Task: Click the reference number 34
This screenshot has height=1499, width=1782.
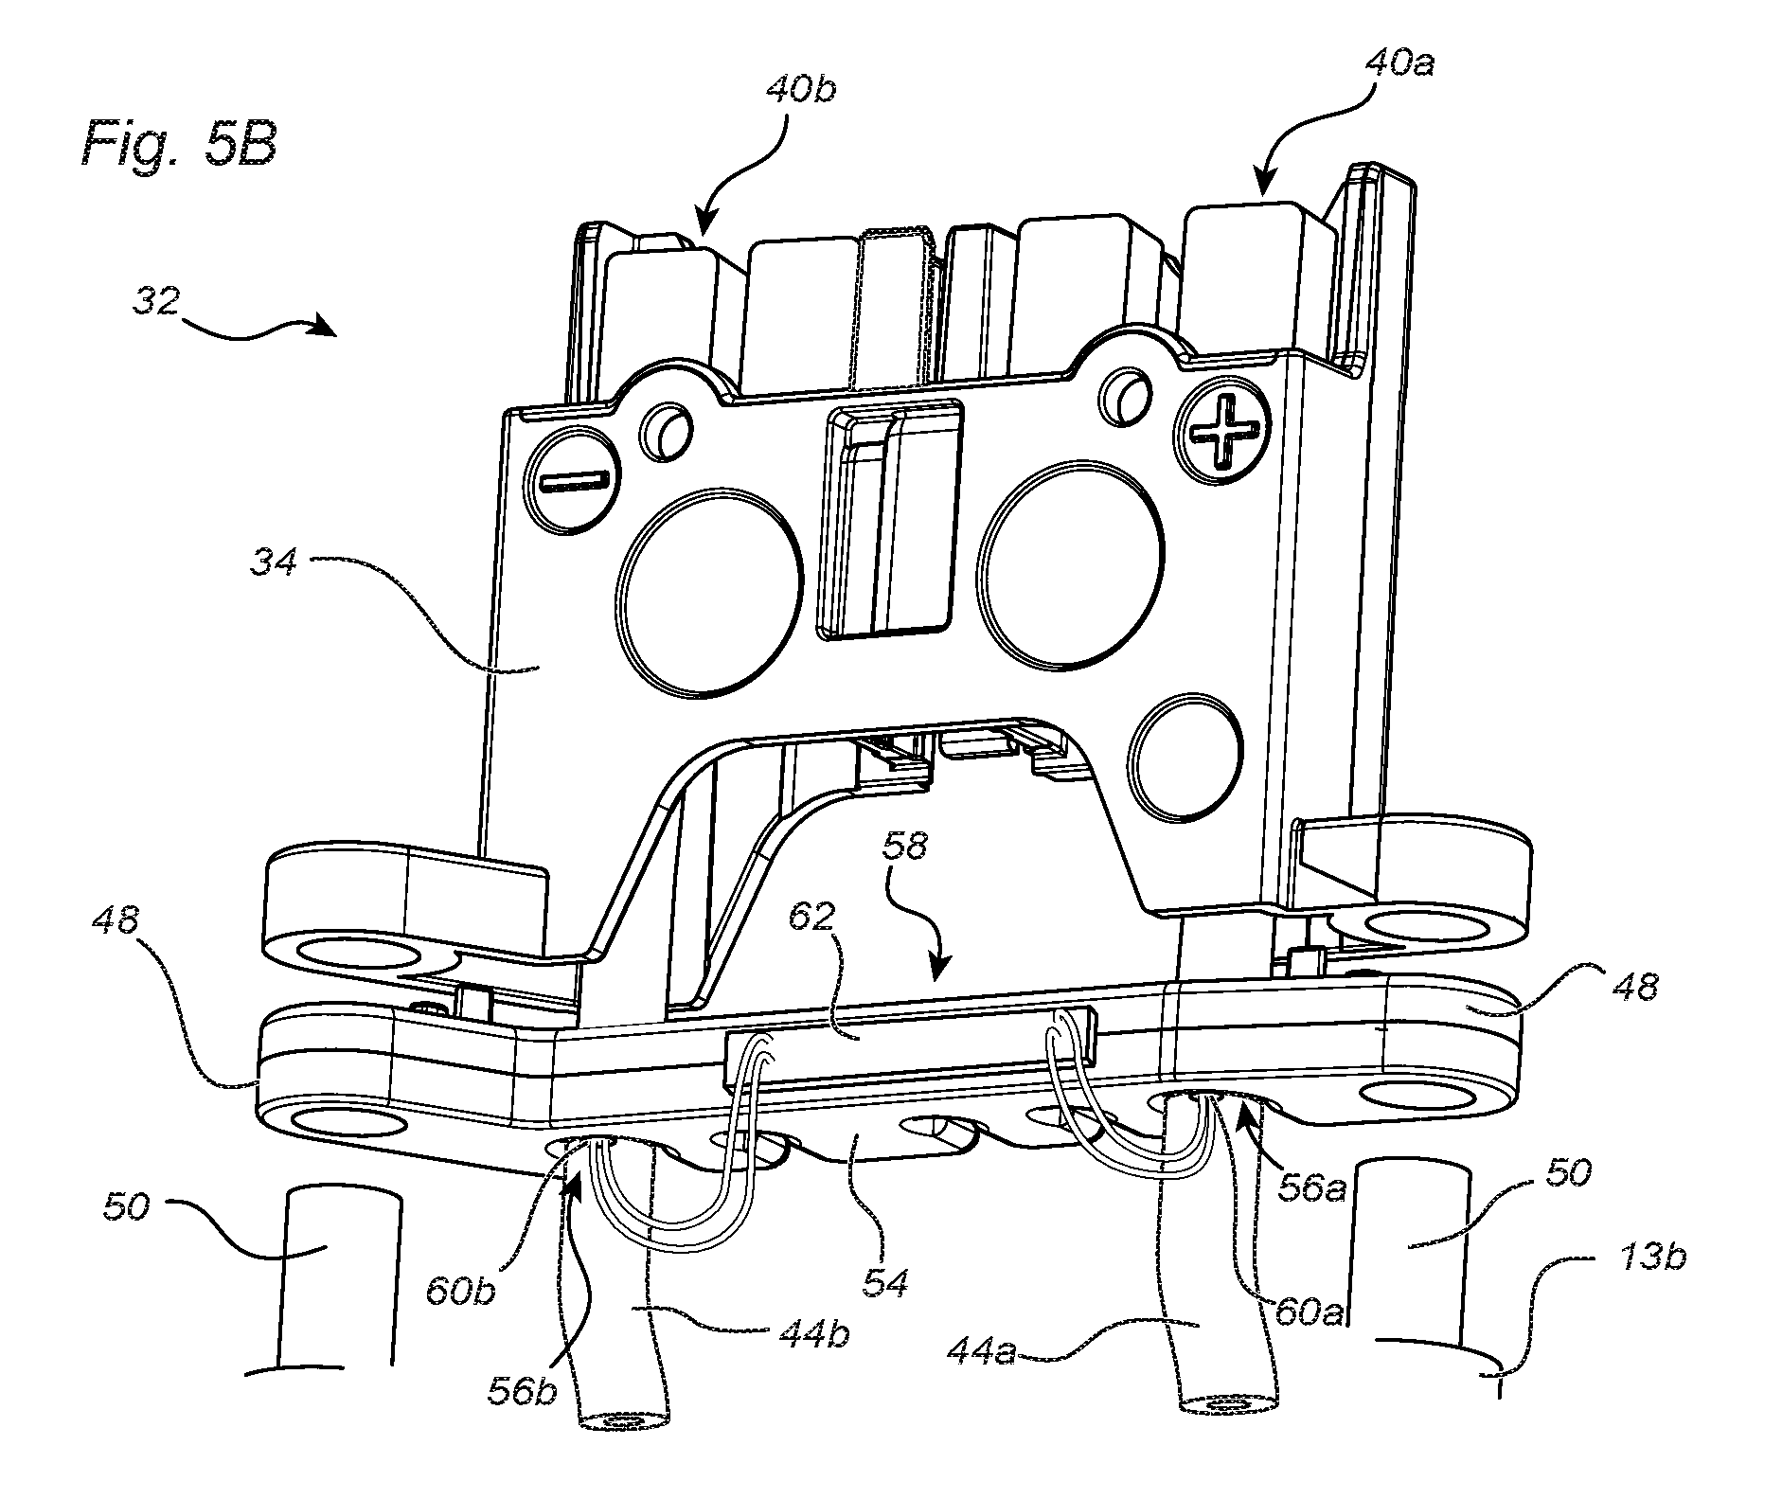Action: tap(275, 562)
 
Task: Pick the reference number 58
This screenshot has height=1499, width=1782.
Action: tap(906, 846)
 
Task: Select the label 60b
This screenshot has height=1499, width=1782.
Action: tap(460, 1289)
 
